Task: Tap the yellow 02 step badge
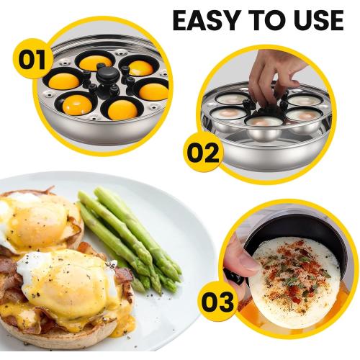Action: (203, 153)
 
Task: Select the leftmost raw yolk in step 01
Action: (63, 81)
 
